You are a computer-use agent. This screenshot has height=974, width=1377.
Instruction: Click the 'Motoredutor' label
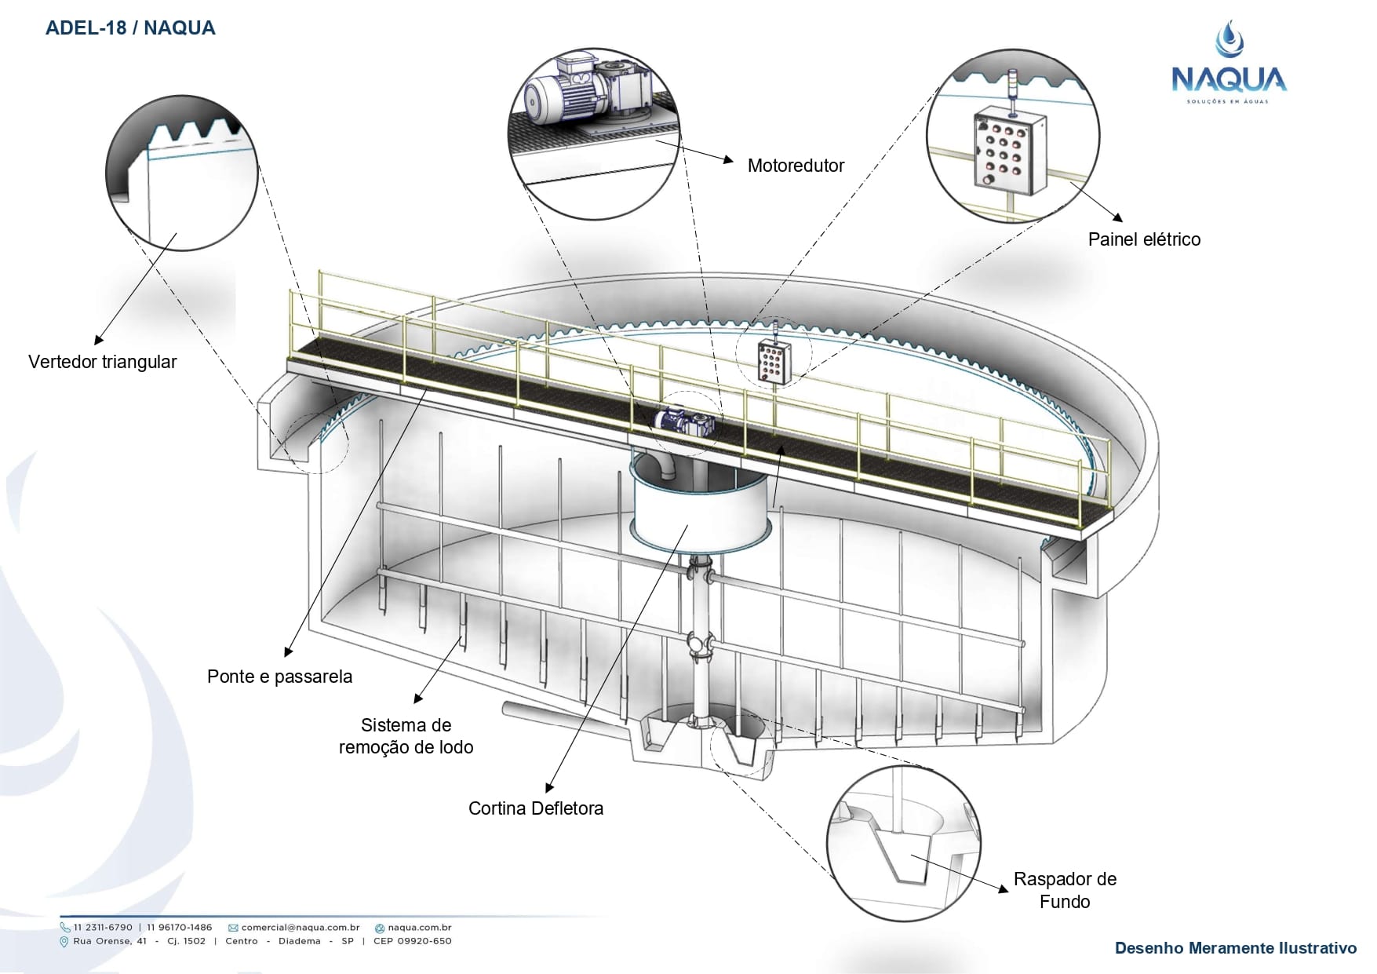coord(796,166)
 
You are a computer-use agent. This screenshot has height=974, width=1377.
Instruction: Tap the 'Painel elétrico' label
coord(1144,239)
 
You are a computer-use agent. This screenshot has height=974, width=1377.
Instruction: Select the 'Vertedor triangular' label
coord(103,362)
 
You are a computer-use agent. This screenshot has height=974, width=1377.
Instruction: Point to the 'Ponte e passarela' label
coord(279,677)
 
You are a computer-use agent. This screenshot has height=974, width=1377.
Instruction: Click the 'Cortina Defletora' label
coord(536,808)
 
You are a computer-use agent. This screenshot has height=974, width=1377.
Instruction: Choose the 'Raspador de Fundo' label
coord(1065,890)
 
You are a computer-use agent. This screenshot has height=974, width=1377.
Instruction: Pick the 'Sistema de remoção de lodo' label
coord(406,736)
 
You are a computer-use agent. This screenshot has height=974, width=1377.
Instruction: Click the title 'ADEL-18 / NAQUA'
coord(130,28)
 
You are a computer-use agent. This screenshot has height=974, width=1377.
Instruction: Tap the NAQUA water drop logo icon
coord(1229,39)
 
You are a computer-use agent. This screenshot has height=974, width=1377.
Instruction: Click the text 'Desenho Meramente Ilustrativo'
coord(1235,948)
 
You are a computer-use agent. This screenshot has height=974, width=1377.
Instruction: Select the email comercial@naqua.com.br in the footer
coord(300,928)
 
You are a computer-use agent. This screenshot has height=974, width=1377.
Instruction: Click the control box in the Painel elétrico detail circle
coord(1010,151)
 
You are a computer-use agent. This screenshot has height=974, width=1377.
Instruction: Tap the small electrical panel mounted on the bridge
coord(774,361)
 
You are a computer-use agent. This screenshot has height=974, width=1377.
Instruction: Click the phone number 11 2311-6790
coord(103,928)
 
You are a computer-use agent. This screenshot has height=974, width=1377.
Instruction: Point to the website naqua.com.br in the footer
coord(419,928)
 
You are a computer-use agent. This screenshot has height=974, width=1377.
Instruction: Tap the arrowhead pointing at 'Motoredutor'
coord(729,160)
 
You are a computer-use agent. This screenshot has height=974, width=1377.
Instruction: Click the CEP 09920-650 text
coord(412,941)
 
